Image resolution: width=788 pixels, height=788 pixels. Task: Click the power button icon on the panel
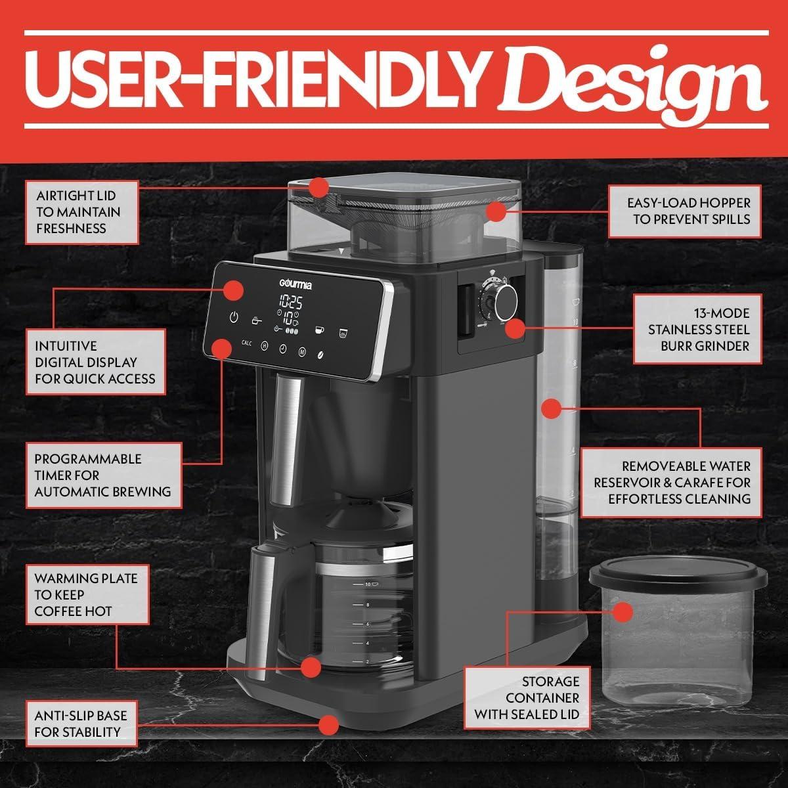tap(234, 318)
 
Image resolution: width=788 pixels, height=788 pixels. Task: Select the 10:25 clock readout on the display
tap(290, 302)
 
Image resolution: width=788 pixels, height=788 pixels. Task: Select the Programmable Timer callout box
tap(103, 475)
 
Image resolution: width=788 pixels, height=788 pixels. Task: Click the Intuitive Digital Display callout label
tap(95, 362)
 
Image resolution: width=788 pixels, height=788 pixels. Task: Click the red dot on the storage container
tap(623, 613)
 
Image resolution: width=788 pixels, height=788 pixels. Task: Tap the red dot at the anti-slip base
tap(328, 725)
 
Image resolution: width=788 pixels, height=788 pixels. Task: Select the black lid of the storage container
tap(678, 578)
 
